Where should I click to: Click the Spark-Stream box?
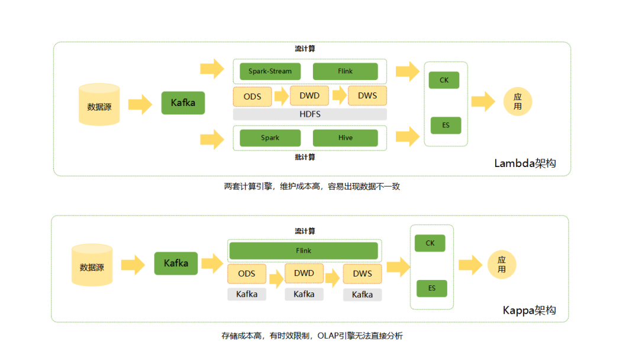270,72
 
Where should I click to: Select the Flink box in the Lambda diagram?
345,72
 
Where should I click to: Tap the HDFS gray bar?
309,114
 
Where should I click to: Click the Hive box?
345,138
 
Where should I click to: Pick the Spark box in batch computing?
270,138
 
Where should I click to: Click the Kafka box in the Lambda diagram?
183,103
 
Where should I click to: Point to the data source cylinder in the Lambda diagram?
99,105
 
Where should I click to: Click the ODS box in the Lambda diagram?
252,96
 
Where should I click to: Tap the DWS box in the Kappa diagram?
362,274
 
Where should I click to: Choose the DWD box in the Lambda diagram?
309,95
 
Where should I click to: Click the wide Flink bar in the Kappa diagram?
304,250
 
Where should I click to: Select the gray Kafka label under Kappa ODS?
247,294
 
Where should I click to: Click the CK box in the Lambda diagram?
444,80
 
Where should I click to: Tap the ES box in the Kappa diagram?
431,288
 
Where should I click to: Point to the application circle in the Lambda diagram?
518,102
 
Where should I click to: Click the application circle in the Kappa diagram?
502,265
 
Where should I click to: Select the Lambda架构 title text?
525,164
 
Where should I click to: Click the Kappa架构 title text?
529,310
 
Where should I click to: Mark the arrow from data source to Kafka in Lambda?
140,104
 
